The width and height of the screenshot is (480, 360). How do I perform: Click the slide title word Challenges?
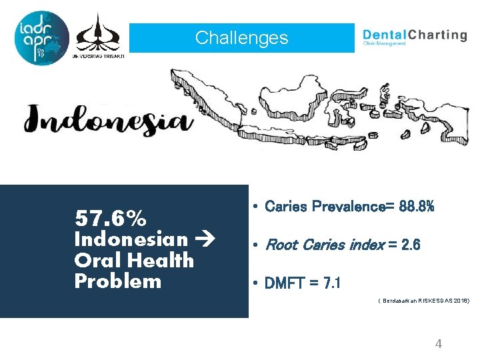241,38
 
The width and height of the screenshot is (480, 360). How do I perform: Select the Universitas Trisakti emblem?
98,35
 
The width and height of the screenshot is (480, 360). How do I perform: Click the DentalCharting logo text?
414,36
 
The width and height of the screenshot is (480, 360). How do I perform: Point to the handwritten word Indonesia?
105,120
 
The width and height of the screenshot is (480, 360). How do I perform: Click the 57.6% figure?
111,218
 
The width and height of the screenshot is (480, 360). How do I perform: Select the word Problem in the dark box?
118,281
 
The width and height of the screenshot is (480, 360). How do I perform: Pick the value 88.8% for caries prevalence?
417,207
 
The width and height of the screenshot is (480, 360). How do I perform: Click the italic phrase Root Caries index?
324,245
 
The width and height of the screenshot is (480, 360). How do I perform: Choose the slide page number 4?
438,344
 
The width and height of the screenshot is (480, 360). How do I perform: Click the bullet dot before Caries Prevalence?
255,207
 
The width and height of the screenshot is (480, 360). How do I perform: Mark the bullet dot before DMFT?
255,284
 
